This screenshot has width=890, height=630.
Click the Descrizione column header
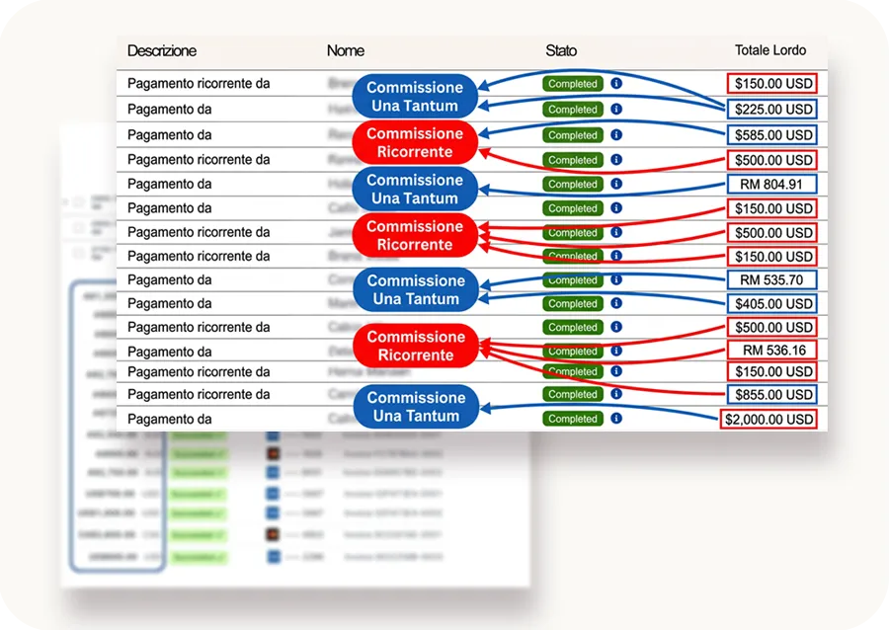(x=162, y=50)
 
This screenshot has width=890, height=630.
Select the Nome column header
(x=345, y=50)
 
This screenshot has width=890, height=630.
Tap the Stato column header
(x=561, y=50)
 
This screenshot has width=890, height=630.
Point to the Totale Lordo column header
(x=770, y=50)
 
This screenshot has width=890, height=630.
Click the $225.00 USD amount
(x=771, y=110)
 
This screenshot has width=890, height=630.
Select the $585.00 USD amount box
(x=771, y=134)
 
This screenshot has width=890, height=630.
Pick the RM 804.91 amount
(x=771, y=184)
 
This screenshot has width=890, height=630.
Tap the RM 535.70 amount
(x=771, y=279)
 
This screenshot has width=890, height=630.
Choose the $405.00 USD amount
(x=771, y=304)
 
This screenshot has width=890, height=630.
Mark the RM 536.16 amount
(x=771, y=351)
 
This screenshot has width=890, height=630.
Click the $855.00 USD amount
(x=771, y=395)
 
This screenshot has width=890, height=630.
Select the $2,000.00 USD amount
(x=770, y=420)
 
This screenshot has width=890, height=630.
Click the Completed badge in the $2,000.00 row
(x=573, y=419)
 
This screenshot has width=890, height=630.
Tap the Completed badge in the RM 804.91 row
(x=573, y=184)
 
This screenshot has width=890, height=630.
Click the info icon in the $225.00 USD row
(x=615, y=110)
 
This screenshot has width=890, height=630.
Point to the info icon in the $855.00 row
(x=615, y=394)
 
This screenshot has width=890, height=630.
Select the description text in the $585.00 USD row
(x=169, y=134)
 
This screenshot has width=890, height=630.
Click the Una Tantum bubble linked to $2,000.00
(x=415, y=407)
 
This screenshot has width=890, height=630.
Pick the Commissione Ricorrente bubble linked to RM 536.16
(x=415, y=346)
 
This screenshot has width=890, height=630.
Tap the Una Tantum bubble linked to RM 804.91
(x=415, y=189)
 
